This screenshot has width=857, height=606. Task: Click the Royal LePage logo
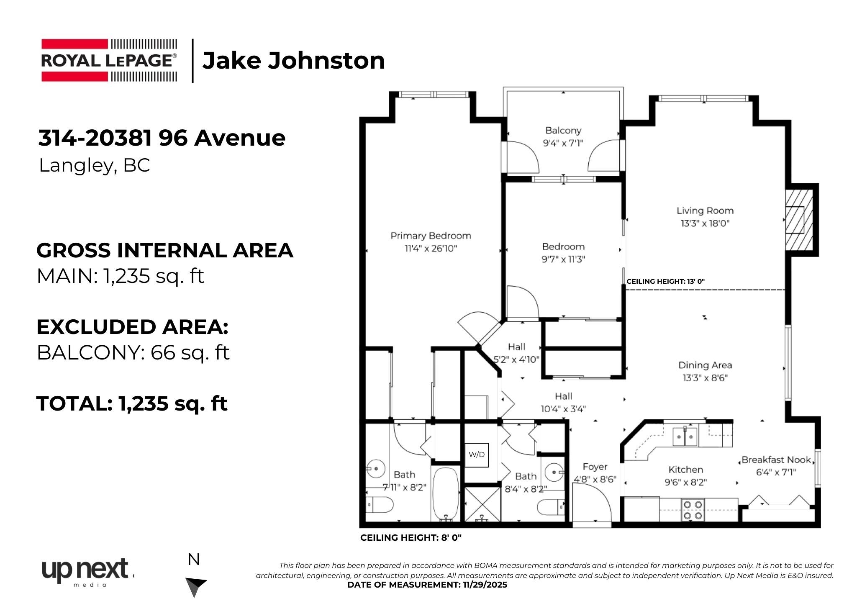(x=109, y=60)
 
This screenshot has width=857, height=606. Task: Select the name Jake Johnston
(x=294, y=60)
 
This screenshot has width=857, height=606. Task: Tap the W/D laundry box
(x=477, y=455)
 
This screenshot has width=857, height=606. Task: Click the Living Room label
(x=705, y=211)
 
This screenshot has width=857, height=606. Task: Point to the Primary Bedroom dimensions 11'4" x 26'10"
(x=431, y=249)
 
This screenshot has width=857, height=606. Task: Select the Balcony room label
(x=563, y=131)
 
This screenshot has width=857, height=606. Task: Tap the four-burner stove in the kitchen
(x=693, y=510)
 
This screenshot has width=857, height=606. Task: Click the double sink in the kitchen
(x=685, y=437)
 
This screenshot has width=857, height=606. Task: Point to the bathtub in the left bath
(x=446, y=494)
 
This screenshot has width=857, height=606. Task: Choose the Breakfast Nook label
(x=777, y=460)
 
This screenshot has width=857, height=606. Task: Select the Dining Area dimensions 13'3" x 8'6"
(x=705, y=378)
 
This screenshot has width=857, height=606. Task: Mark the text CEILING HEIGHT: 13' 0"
(x=665, y=282)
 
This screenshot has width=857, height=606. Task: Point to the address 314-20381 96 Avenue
(x=162, y=138)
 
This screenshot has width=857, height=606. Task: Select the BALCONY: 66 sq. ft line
(x=133, y=353)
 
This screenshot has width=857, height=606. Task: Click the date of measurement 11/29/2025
(x=485, y=585)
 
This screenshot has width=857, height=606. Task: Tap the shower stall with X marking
(x=482, y=504)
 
